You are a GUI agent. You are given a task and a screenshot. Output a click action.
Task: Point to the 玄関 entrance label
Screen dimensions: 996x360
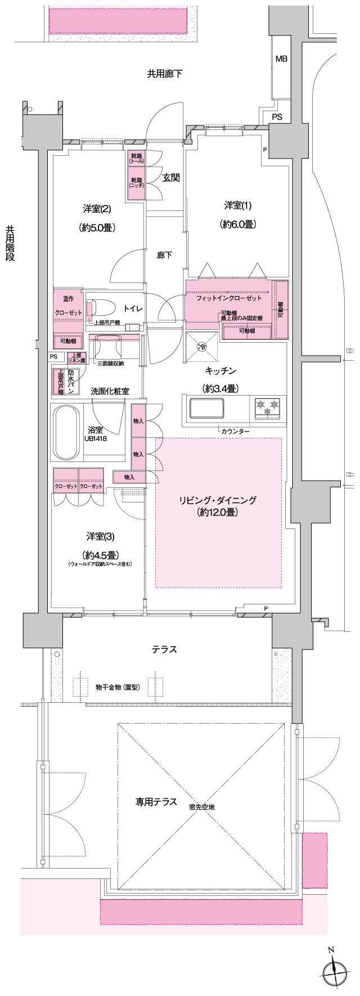pos(171,178)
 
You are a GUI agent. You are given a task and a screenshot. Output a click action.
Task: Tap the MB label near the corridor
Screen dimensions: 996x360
pos(281,59)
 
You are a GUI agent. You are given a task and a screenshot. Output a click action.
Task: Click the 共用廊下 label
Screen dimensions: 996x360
pos(165,73)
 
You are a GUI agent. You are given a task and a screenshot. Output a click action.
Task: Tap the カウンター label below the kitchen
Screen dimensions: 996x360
pos(235,431)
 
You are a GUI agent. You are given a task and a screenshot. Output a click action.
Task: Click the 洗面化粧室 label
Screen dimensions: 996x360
pos(110,391)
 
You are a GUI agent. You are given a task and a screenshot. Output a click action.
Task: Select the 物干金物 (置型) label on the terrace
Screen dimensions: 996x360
pos(117,687)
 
